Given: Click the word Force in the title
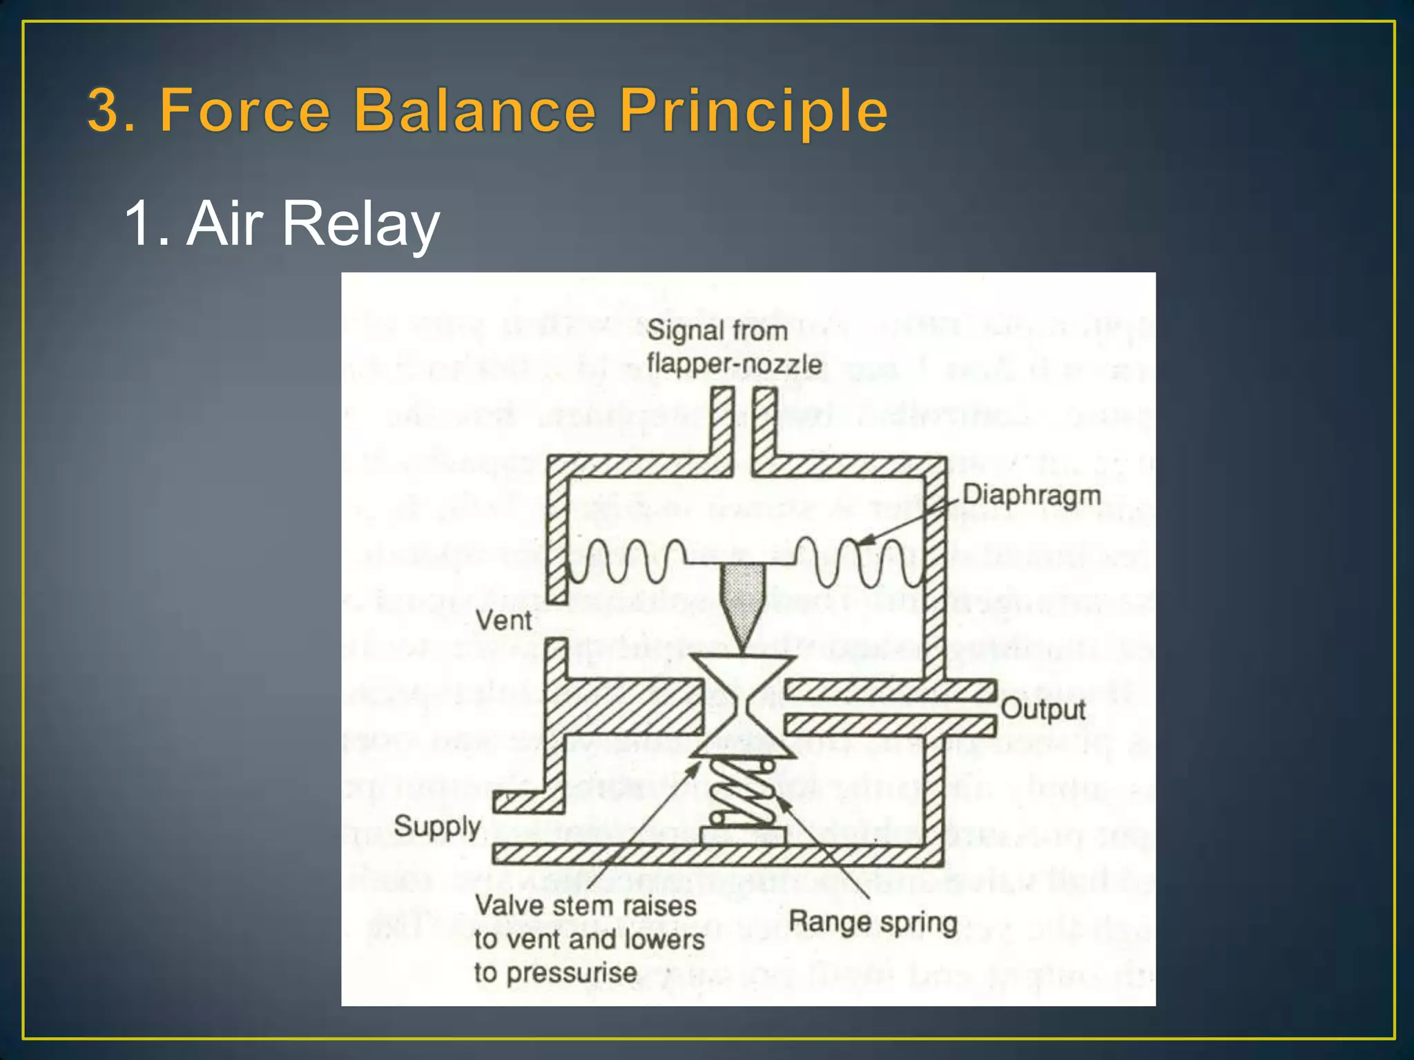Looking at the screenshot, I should coord(245,110).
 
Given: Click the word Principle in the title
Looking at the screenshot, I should coord(753,110).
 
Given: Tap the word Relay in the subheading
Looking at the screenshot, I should coord(361,224).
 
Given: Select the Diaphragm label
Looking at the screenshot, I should coord(1032,495).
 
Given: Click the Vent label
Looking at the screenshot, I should coord(504,620).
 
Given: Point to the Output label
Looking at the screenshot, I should coord(1043,709).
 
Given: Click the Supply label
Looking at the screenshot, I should coord(437,826).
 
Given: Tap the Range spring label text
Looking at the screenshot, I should coord(873,922).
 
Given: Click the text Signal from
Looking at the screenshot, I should coord(717,331).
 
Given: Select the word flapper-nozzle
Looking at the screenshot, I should coord(734,364).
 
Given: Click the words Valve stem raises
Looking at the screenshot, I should coord(585,906).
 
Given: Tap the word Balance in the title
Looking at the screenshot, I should coord(474,110).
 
